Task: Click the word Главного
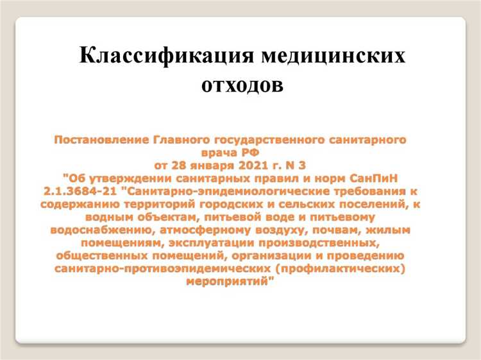[x=181, y=139]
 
